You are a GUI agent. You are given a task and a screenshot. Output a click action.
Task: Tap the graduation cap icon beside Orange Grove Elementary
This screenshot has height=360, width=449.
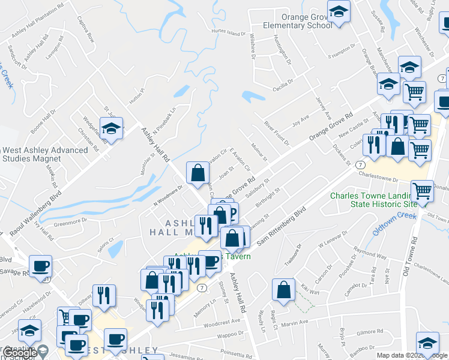click(339, 13)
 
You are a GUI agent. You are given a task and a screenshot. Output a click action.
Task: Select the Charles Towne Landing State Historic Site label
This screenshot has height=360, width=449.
click(373, 200)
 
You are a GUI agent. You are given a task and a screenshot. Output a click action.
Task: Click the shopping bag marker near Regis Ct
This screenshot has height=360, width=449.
click(283, 289)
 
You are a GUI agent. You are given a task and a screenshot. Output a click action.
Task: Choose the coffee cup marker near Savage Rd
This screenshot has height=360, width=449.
click(41, 266)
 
